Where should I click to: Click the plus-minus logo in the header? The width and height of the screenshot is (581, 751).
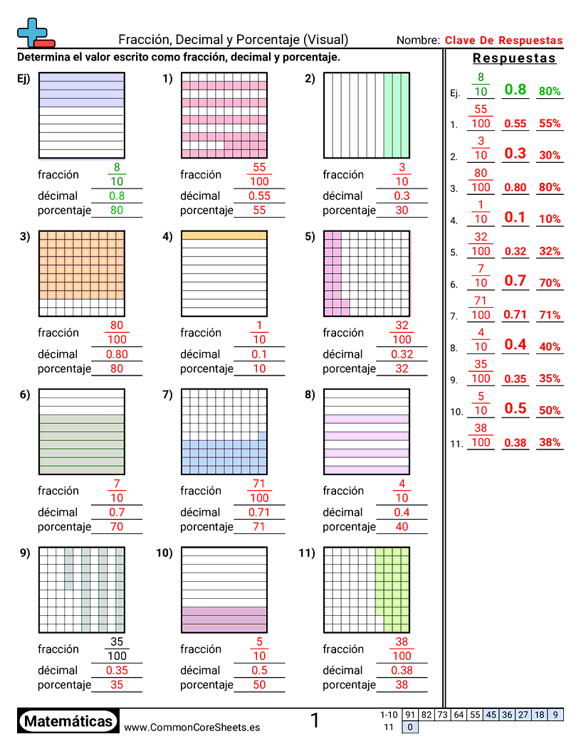34,33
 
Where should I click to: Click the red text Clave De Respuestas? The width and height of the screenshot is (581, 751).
503,41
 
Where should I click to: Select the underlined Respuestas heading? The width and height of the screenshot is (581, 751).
514,58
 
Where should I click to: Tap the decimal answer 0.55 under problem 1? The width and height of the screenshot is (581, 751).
259,196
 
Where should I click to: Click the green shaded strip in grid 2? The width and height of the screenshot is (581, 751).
397,115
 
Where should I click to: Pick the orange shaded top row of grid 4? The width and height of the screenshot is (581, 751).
224,235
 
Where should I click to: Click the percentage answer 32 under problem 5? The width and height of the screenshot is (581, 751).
402,368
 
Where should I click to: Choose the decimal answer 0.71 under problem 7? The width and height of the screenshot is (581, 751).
259,512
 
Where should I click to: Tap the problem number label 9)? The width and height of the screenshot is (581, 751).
24,553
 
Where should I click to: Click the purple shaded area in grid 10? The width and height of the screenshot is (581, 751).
224,619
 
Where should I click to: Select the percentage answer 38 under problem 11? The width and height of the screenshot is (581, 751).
402,685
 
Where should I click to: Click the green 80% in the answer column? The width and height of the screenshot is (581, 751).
550,91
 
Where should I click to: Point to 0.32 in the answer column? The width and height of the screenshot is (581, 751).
515,251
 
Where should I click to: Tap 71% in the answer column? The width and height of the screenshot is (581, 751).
550,315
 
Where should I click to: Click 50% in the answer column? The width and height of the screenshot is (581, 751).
550,410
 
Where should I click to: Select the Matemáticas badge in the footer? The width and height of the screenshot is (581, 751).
68,721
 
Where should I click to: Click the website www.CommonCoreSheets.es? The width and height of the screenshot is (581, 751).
192,727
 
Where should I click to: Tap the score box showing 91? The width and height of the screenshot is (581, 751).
410,715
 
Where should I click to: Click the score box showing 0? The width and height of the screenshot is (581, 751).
410,727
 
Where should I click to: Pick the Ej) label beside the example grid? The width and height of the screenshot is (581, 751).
24,79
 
